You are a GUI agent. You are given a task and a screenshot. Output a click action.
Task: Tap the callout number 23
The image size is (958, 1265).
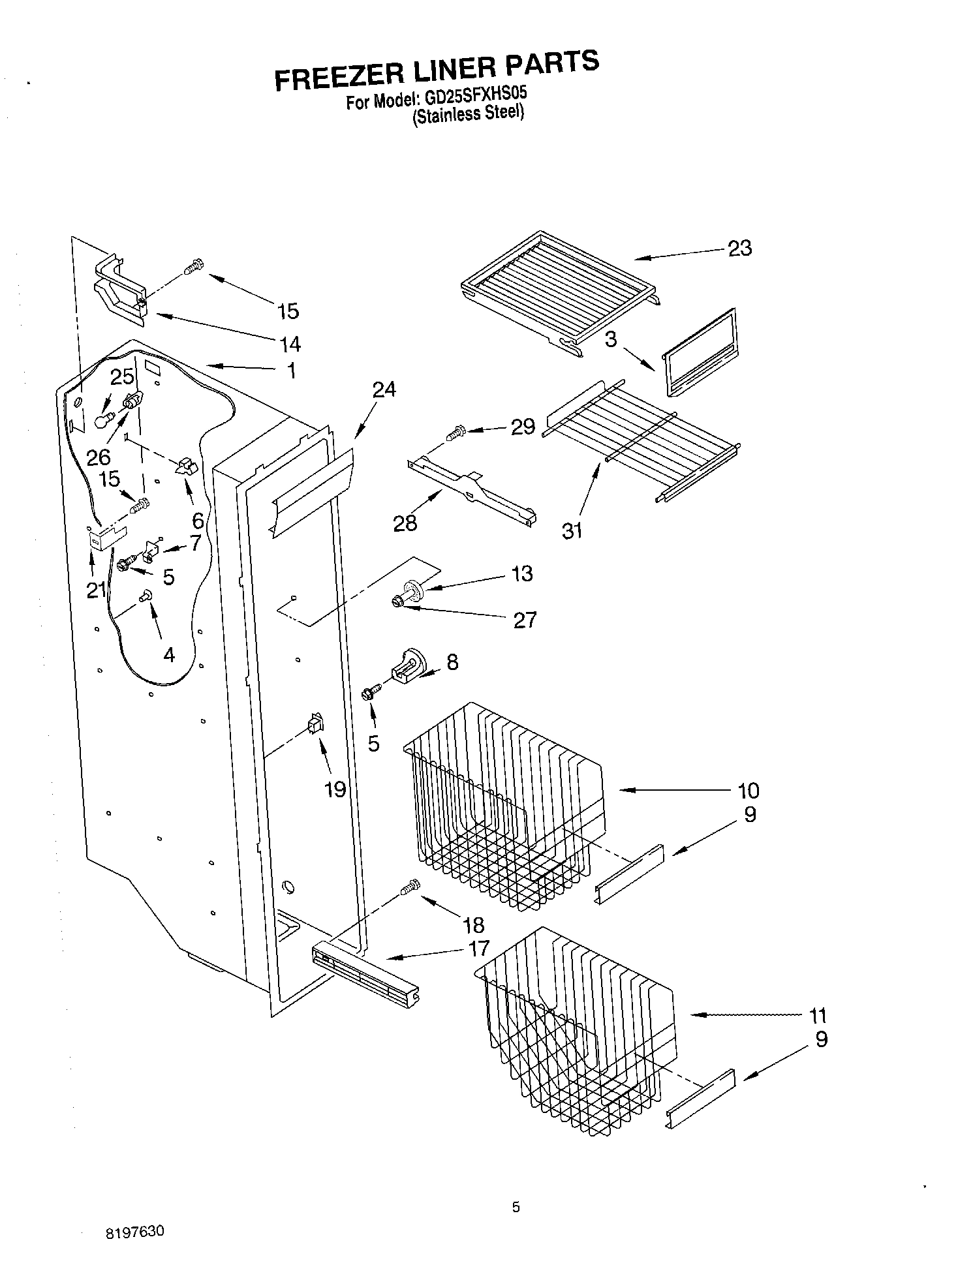click(x=739, y=248)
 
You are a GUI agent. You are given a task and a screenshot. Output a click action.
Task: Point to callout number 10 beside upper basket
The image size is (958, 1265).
click(x=748, y=790)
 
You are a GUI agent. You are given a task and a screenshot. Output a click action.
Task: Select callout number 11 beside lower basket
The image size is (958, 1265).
click(x=817, y=1015)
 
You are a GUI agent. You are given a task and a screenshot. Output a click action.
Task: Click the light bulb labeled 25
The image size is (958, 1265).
click(x=101, y=421)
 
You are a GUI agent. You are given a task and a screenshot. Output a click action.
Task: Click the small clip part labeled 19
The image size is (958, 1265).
click(x=315, y=724)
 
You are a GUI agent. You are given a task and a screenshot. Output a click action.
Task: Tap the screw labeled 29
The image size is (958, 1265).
click(x=455, y=431)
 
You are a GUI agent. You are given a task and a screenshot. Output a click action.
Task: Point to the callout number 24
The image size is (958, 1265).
click(x=384, y=389)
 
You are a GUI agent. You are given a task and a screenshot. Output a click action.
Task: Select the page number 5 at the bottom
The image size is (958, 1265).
click(x=516, y=1208)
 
